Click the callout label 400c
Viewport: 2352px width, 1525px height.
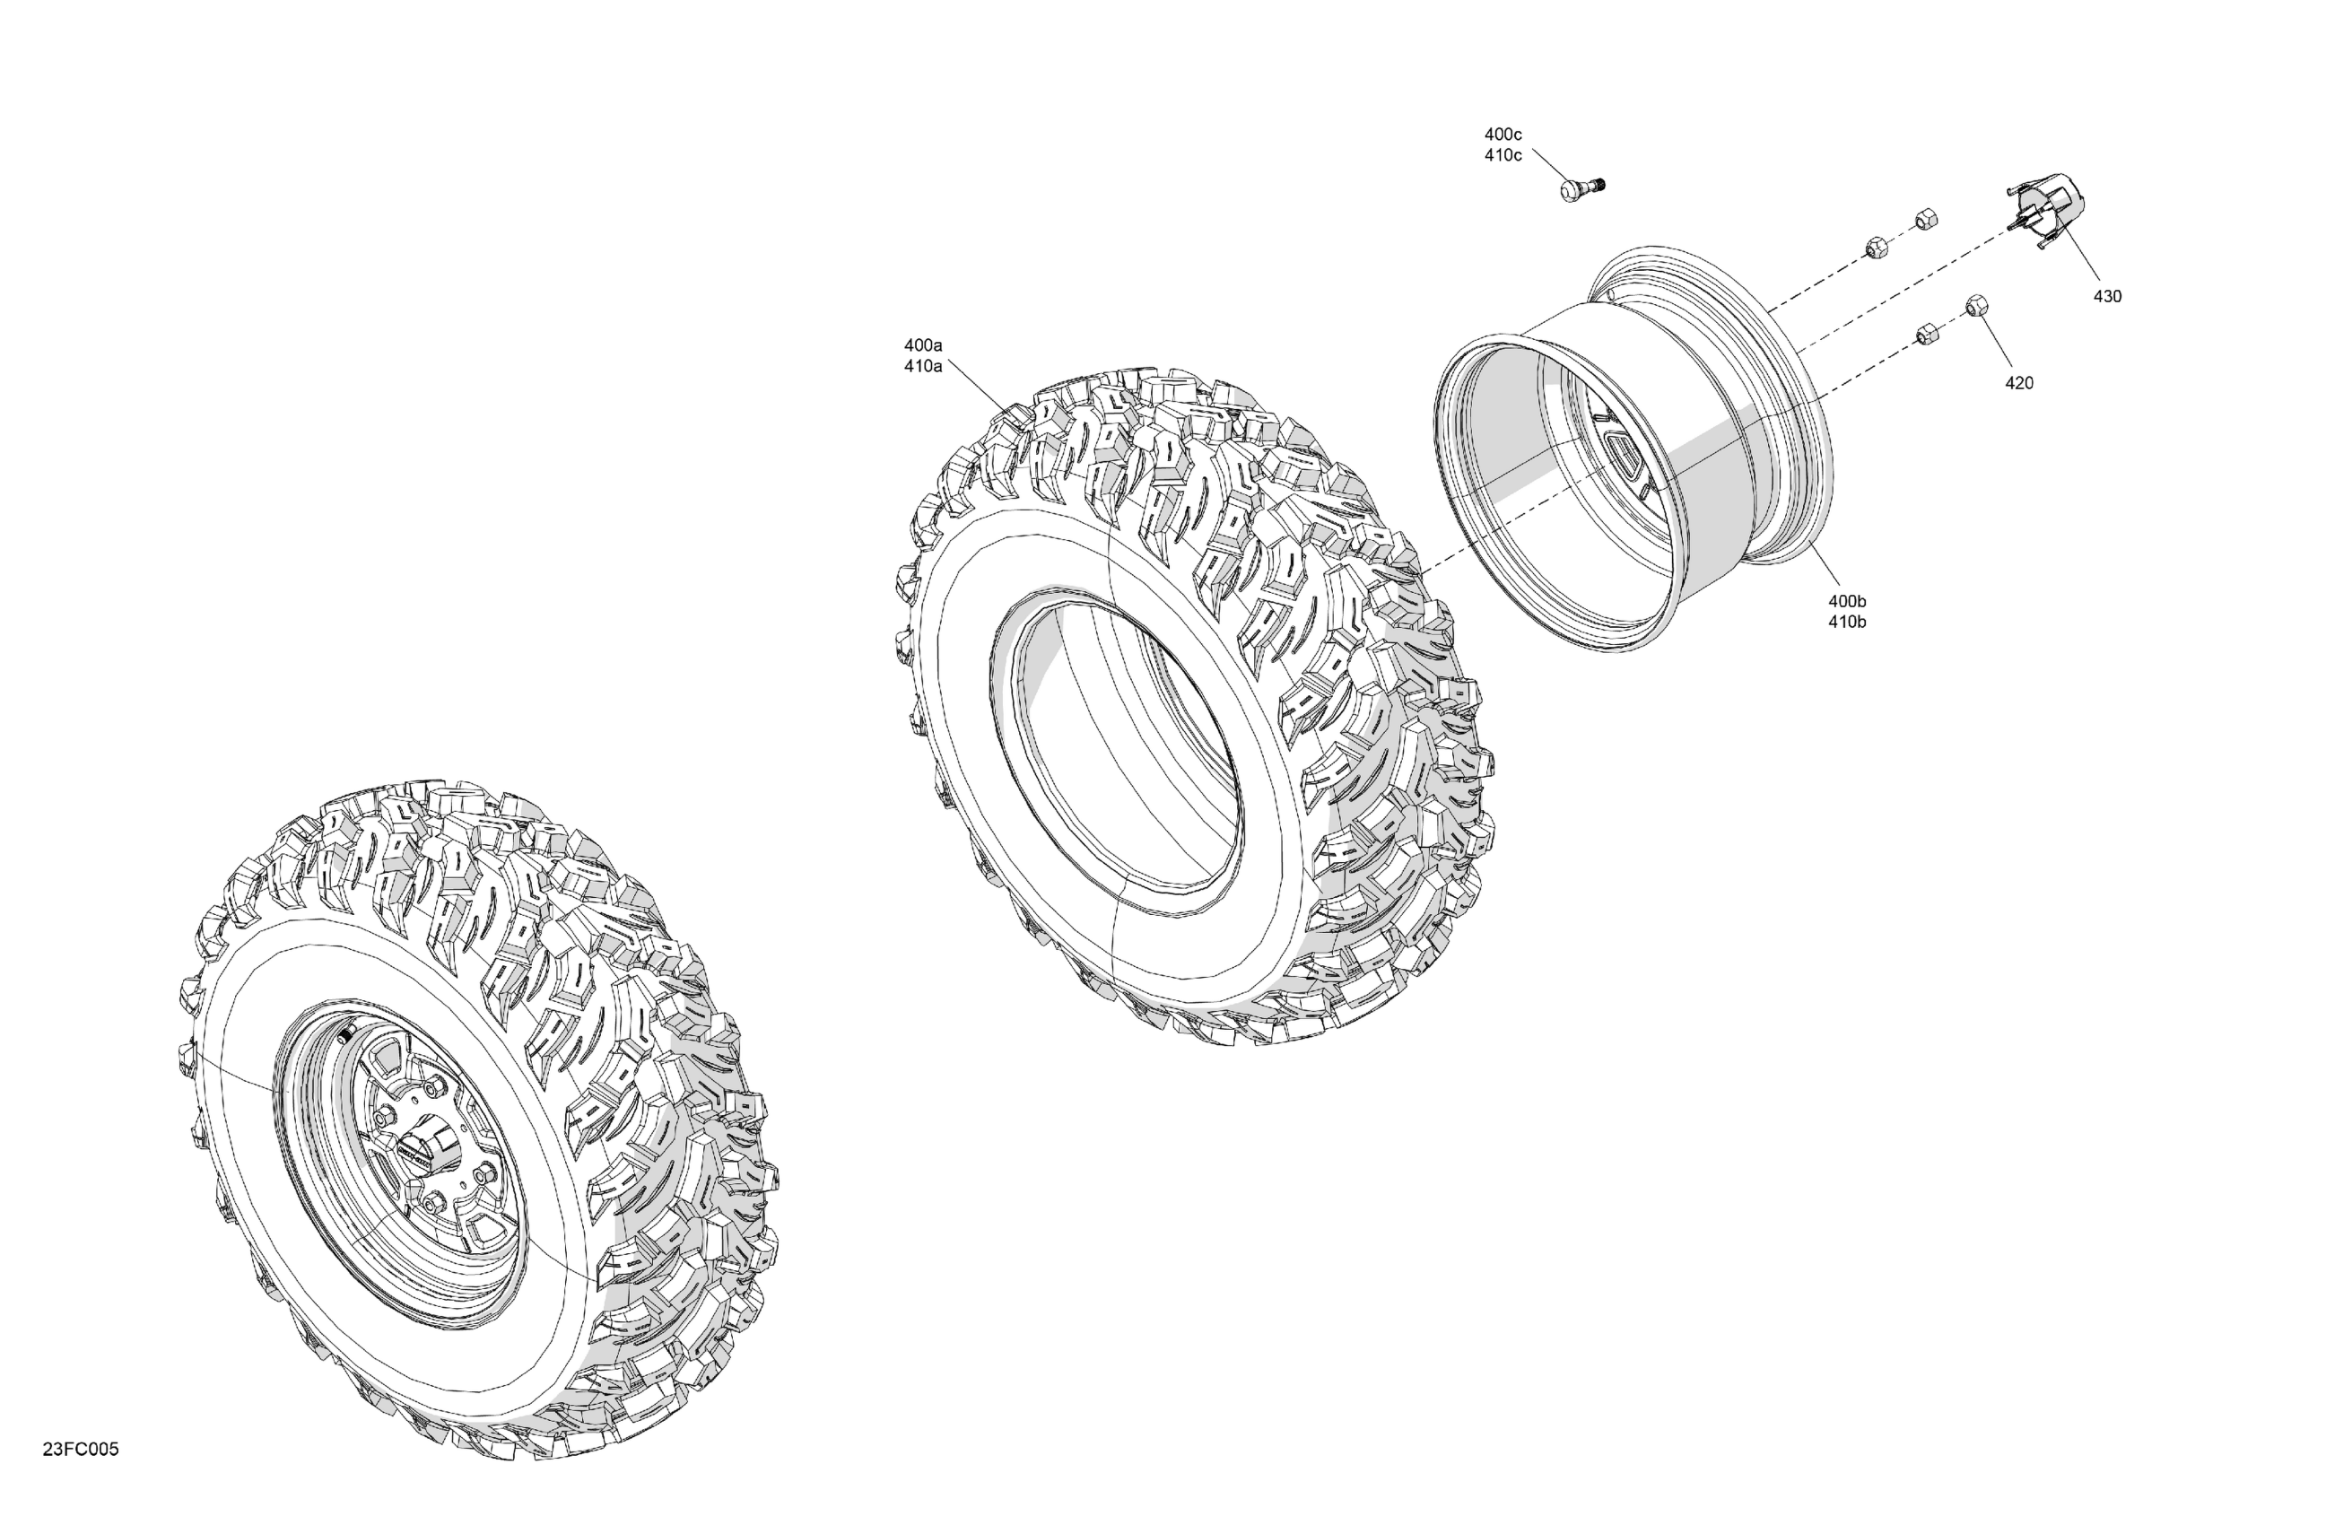coord(1503,135)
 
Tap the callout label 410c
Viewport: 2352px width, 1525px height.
coord(1503,155)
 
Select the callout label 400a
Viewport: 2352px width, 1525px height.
coord(923,345)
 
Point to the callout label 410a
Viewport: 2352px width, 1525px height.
coord(923,366)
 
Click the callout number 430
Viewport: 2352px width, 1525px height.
coord(2107,297)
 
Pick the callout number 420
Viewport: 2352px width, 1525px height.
coord(2019,383)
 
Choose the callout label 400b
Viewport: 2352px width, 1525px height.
coord(1847,601)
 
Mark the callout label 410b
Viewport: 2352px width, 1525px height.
coord(1847,622)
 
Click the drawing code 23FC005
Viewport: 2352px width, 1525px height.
coord(81,1449)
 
